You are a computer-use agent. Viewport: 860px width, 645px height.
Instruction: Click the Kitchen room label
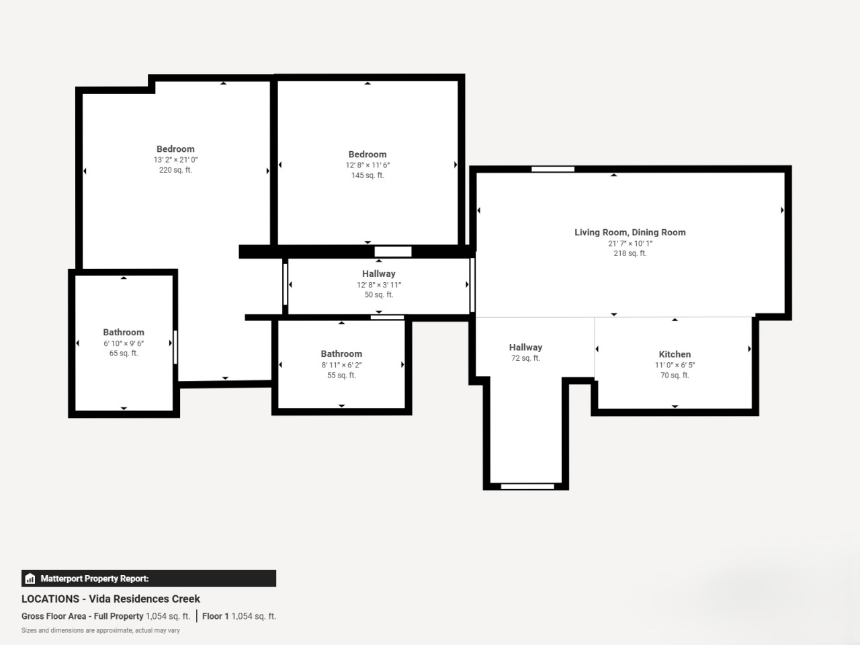click(x=675, y=354)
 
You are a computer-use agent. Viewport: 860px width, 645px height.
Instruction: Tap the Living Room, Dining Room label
click(x=630, y=232)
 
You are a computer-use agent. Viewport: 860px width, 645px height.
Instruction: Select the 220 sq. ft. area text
click(x=175, y=170)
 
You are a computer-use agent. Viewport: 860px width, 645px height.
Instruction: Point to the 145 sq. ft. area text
click(x=368, y=175)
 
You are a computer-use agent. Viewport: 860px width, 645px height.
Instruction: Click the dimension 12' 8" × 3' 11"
click(x=379, y=285)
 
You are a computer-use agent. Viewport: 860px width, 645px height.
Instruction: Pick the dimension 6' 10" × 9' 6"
click(x=124, y=343)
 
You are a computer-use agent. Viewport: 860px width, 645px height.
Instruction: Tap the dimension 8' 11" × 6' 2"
click(x=342, y=365)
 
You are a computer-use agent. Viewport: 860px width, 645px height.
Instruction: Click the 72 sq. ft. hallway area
click(x=525, y=358)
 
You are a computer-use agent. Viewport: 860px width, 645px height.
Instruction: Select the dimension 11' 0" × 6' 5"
click(x=675, y=365)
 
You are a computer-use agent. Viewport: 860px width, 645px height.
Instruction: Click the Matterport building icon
click(x=30, y=578)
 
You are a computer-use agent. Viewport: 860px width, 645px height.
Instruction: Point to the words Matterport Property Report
click(x=95, y=578)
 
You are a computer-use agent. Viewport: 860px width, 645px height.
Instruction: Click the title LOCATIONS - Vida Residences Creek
click(x=111, y=599)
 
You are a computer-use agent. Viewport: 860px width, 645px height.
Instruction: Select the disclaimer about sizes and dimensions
click(x=101, y=630)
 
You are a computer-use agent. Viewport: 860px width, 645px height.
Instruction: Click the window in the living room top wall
click(x=553, y=169)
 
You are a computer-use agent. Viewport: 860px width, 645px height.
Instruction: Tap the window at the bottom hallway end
click(x=527, y=486)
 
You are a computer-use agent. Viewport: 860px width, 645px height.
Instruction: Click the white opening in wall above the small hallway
click(x=393, y=251)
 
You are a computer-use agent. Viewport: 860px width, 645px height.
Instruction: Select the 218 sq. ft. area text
click(x=630, y=253)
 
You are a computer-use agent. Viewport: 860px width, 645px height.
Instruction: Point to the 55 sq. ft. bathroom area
click(x=342, y=375)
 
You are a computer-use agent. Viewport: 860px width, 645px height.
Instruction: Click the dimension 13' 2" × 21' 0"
click(x=175, y=160)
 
